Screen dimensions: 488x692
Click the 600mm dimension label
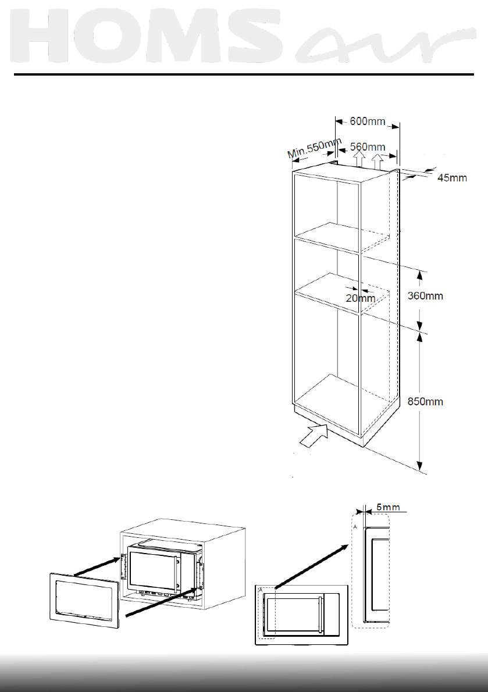coord(368,122)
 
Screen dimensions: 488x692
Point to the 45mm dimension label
coord(452,178)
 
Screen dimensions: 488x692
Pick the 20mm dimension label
coord(360,298)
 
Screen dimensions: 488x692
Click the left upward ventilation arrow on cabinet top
coord(359,158)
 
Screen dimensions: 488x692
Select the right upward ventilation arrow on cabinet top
coord(378,160)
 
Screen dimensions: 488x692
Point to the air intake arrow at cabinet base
coord(314,434)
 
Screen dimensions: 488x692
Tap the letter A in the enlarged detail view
coord(355,525)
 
